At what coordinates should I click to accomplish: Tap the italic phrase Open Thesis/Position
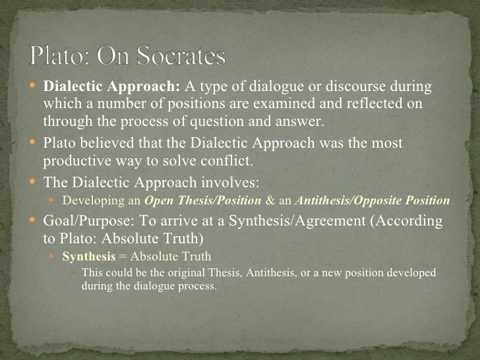[202, 200]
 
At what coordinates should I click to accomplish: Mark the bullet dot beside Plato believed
[36, 144]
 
